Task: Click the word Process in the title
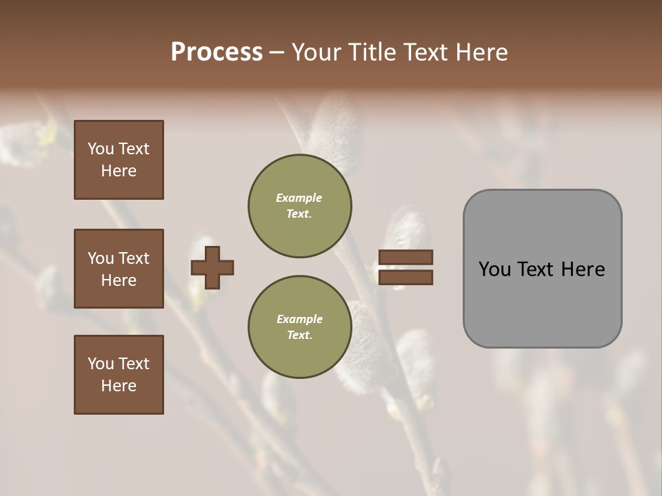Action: [217, 52]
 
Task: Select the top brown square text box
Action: [119, 160]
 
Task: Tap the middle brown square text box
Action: [119, 269]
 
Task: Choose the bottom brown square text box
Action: [119, 375]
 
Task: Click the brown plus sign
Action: [212, 267]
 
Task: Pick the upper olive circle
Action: [300, 206]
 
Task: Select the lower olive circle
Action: [300, 327]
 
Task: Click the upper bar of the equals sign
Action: [405, 258]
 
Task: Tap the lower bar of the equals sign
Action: [405, 278]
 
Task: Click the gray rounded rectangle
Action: [542, 269]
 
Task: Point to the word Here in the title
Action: [482, 52]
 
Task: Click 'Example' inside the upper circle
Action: [299, 198]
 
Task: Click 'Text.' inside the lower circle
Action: [299, 335]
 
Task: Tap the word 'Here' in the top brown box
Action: [119, 171]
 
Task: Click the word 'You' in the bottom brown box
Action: [101, 364]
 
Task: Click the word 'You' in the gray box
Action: [494, 269]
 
